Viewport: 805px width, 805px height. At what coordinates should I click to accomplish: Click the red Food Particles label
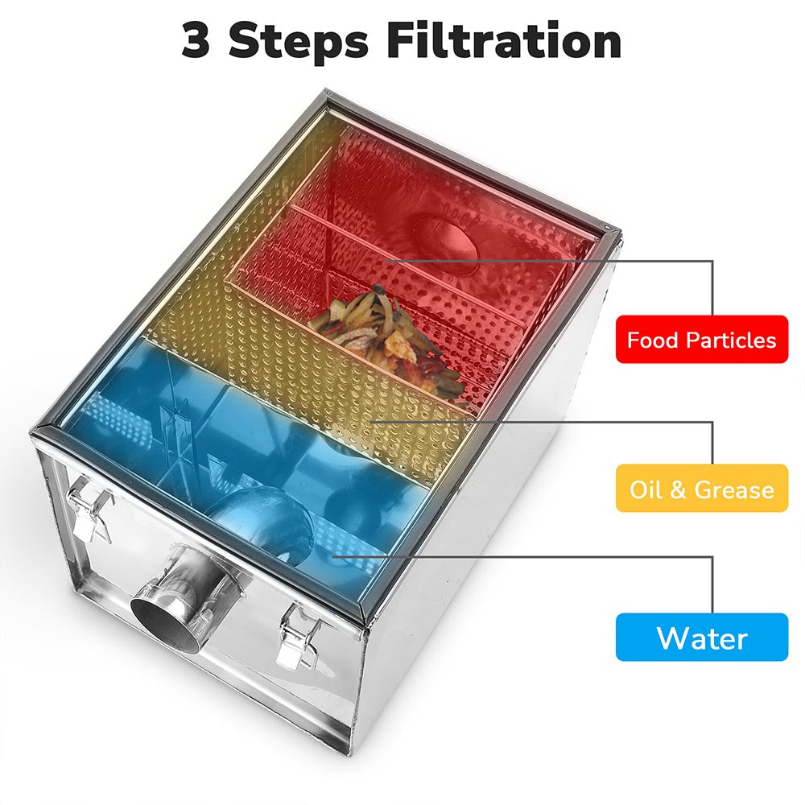701,340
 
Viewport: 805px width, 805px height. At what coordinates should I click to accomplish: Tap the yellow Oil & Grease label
701,489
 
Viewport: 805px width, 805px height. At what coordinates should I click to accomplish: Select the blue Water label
701,638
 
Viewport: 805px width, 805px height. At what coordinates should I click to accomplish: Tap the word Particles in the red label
731,340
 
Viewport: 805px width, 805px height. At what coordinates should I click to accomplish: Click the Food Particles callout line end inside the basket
385,260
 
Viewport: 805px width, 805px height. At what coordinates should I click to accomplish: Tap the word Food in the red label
652,340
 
